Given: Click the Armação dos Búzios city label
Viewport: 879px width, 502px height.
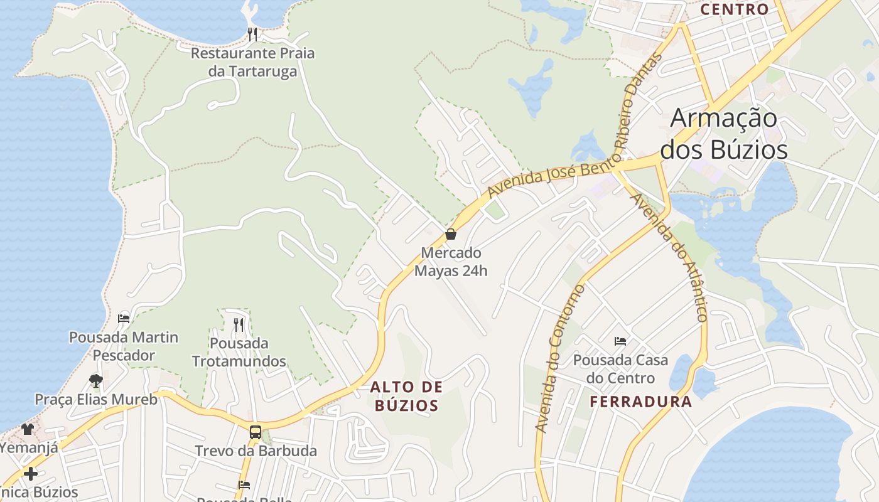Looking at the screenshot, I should click(724, 134).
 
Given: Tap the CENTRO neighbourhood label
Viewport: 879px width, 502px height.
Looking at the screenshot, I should click(734, 9).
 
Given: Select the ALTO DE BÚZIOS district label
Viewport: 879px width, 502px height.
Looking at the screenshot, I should click(406, 396).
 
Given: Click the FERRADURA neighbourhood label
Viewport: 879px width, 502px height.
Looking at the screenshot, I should click(641, 402).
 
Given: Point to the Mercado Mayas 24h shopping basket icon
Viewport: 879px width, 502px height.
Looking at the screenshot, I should click(451, 235).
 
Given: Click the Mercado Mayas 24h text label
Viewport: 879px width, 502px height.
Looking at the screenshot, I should click(451, 262).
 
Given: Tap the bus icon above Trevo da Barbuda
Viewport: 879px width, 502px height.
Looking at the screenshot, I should click(256, 432).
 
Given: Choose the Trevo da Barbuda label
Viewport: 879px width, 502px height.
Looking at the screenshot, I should click(256, 451).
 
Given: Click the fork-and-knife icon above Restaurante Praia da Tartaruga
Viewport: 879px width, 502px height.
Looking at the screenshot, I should click(252, 34).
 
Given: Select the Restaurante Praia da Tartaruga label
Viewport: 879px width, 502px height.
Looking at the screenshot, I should click(252, 62).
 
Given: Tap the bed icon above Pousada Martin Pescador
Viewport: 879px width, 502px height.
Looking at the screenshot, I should click(124, 318).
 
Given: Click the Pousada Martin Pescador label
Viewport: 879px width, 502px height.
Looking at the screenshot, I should click(124, 346).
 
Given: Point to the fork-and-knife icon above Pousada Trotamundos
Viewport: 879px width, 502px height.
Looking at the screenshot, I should click(239, 324).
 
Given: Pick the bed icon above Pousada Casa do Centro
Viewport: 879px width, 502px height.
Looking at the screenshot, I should click(620, 341).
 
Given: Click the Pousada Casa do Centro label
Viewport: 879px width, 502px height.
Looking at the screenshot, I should click(620, 369).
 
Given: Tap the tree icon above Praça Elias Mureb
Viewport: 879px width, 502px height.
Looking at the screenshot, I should click(95, 380).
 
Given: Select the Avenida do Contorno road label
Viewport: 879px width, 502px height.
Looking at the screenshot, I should click(559, 359).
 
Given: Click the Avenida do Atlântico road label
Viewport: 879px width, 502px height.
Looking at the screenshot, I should click(671, 257).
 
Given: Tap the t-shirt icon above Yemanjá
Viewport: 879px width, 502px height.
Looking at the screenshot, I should click(28, 429).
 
